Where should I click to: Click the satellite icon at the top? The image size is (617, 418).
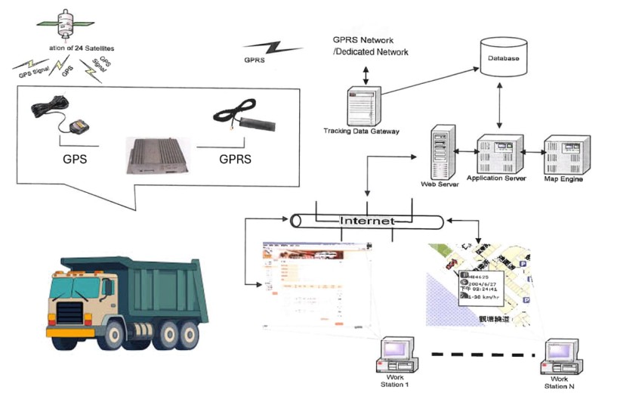[x=66, y=23]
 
